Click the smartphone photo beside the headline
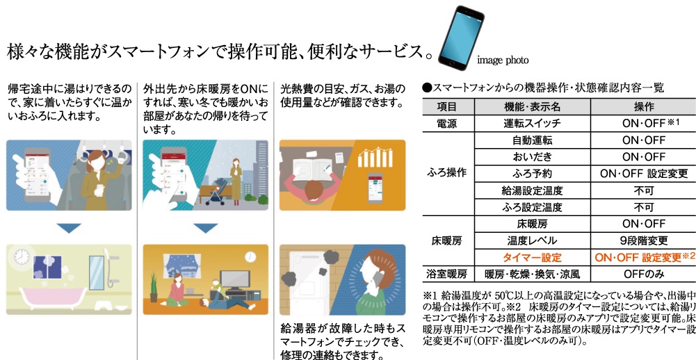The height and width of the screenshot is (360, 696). click(x=461, y=38)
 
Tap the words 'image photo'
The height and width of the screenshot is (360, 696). click(x=503, y=60)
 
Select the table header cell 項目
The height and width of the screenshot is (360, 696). click(x=448, y=107)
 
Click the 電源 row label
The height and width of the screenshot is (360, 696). click(x=448, y=124)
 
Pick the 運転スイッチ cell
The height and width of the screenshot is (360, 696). click(x=532, y=124)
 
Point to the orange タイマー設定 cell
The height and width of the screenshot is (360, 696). click(x=532, y=257)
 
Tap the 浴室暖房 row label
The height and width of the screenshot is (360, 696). click(x=448, y=274)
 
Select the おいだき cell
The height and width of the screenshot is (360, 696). click(x=532, y=156)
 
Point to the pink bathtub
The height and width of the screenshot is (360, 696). click(x=51, y=298)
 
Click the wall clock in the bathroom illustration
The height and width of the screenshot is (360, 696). click(x=22, y=256)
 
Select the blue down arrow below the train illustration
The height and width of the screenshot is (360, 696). click(x=69, y=228)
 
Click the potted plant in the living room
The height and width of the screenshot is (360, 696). click(x=154, y=287)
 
